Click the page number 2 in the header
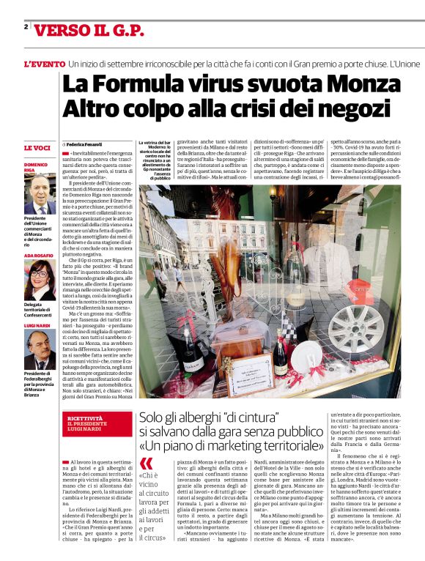click(26, 27)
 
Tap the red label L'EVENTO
click(43, 64)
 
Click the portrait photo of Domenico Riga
click(40, 195)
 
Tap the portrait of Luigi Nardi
click(40, 349)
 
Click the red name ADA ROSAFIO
click(40, 255)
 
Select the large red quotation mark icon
click(147, 463)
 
